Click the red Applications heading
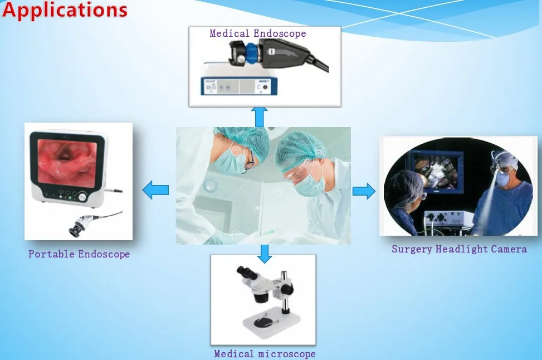(x=65, y=9)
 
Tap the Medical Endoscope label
(x=258, y=33)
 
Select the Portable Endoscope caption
(x=79, y=254)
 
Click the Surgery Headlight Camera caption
(x=460, y=249)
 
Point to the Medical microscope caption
(x=265, y=354)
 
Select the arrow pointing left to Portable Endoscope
(x=155, y=190)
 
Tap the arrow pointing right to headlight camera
(x=364, y=191)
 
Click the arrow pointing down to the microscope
(x=265, y=254)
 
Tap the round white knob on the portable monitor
(x=82, y=197)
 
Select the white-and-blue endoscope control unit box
(x=239, y=86)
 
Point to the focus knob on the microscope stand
(x=286, y=288)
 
